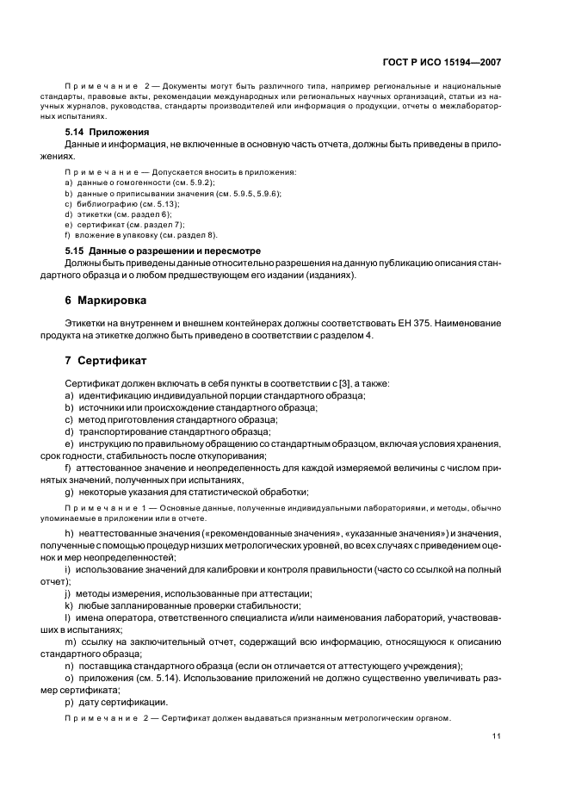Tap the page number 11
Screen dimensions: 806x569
coord(497,735)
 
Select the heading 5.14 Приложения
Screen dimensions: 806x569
coord(108,132)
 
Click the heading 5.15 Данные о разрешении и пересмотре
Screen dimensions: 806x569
coord(163,251)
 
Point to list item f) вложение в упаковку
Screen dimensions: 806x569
coord(142,234)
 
